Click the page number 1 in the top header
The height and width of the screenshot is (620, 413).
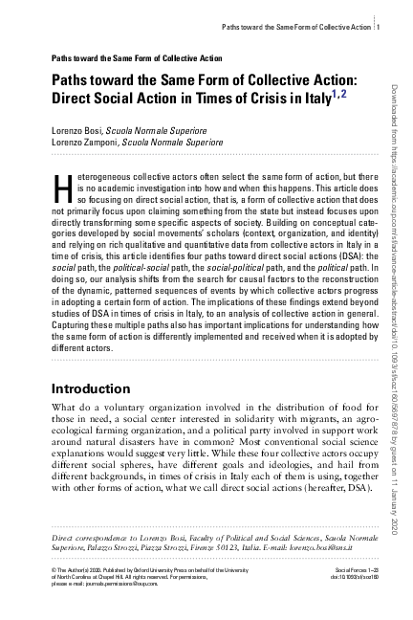point(380,26)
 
